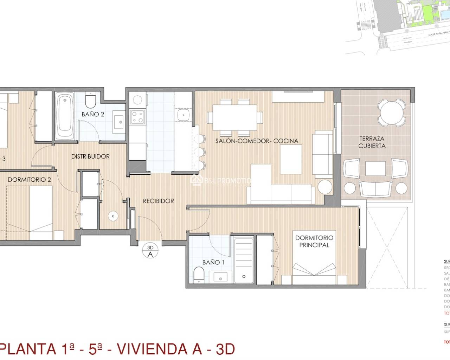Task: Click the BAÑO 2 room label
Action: (93, 114)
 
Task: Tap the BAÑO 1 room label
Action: (213, 262)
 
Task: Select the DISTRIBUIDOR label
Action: (90, 156)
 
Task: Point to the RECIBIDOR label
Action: (158, 201)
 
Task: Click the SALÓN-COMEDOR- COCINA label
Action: (257, 141)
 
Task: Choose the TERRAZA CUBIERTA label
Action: (372, 142)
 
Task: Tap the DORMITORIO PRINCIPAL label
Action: (314, 241)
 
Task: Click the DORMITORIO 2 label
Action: (29, 180)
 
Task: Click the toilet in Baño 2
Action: (91, 101)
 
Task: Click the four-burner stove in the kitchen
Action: (137, 117)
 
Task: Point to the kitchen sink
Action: (183, 115)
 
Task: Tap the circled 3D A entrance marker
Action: (150, 251)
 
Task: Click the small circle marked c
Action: (113, 216)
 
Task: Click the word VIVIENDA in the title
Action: (159, 349)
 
